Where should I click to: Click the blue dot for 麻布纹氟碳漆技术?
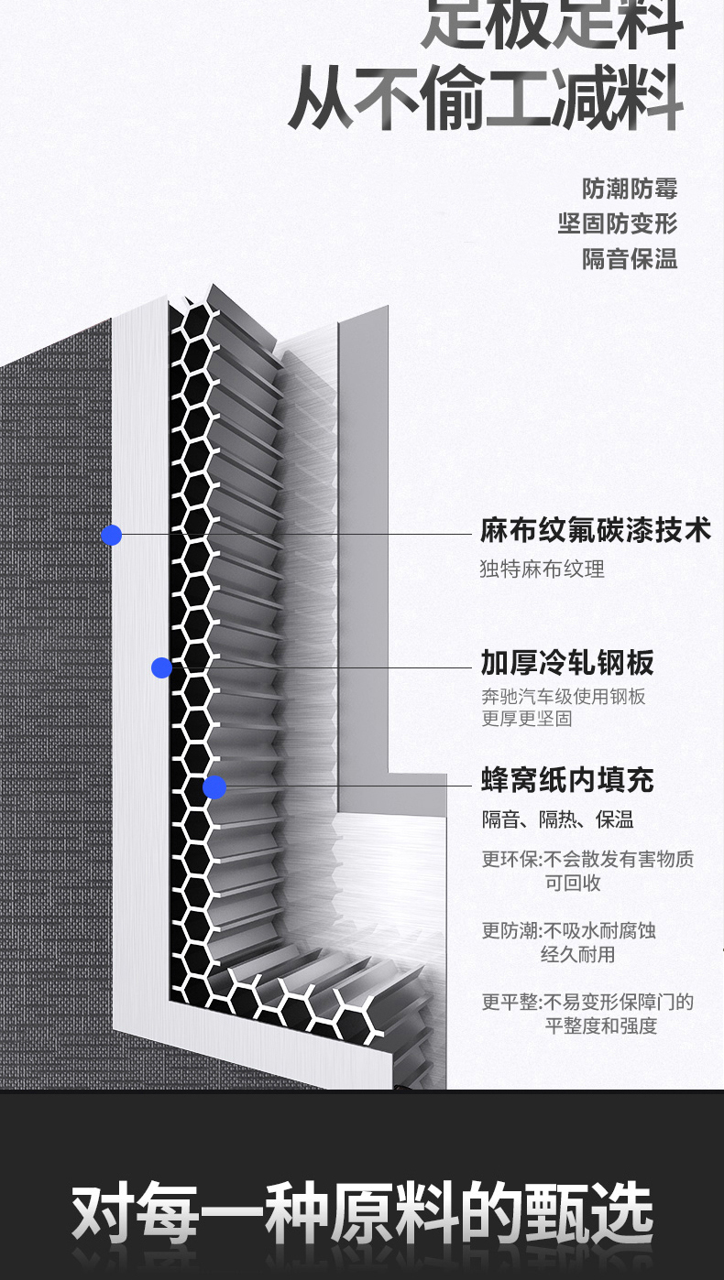coord(112,535)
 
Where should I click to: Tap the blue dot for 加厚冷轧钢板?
coord(161,667)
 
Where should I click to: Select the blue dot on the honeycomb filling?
coord(214,786)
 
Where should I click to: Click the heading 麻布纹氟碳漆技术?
coord(595,530)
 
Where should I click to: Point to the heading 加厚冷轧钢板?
coord(567,663)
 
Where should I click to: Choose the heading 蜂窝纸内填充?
coord(567,781)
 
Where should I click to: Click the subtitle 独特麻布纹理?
coord(543,569)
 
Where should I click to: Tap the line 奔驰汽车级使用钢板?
coord(564,697)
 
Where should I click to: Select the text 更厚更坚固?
coord(527,719)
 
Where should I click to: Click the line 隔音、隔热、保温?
coord(558,820)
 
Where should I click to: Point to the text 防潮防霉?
coord(630,190)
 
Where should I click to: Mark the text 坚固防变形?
coord(618,224)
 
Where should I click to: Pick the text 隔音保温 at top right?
coord(630,259)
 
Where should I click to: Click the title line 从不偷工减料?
coord(487,97)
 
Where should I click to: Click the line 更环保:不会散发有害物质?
coord(587,860)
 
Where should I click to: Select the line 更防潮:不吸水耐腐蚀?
coord(569,931)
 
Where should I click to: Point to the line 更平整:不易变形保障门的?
coord(587,1003)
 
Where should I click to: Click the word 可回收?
coord(573,884)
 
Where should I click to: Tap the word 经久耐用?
coord(577,955)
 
